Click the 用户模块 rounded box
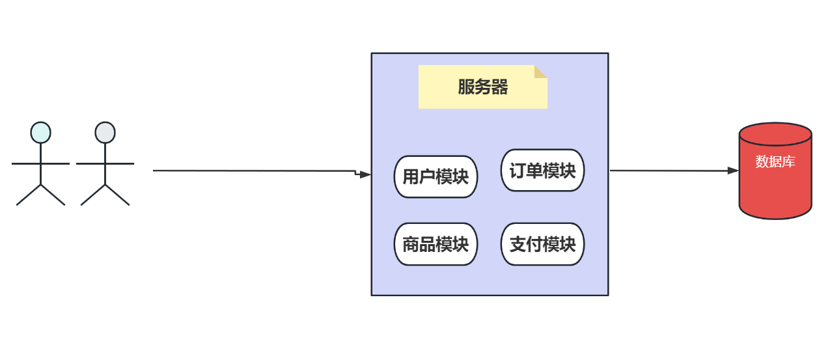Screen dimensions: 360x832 pos(436,176)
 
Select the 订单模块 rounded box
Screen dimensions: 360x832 pos(542,171)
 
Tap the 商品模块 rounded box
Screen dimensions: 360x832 pos(436,244)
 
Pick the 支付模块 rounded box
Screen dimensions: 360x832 pos(542,244)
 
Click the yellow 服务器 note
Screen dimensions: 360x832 pos(482,87)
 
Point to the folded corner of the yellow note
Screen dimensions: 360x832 pos(541,72)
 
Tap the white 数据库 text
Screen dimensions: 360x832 pos(775,161)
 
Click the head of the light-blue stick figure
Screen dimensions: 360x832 pos(40,132)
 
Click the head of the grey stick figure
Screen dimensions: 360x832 pos(105,132)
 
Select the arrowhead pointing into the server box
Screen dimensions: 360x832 pos(365,174)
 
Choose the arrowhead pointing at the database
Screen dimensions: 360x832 pos(733,171)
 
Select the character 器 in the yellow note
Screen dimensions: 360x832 pos(499,87)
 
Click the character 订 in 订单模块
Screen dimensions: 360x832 pos(518,171)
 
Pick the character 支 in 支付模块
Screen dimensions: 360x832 pos(518,244)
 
